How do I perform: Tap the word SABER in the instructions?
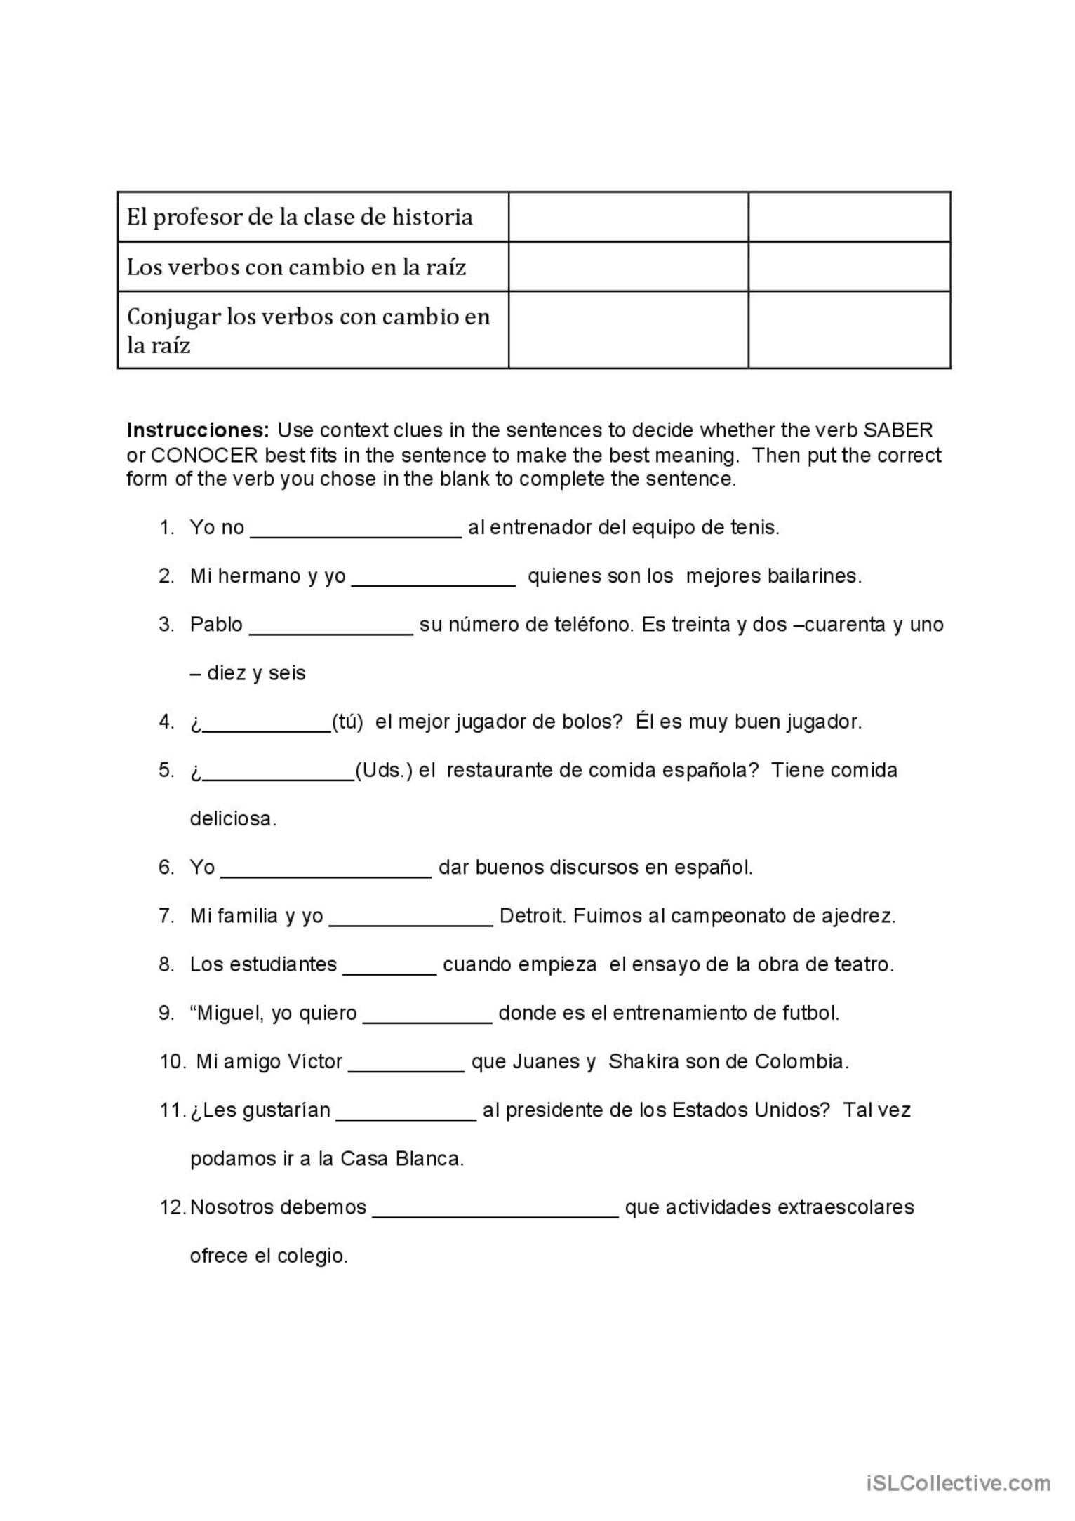pos(898,430)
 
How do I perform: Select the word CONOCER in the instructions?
pos(204,455)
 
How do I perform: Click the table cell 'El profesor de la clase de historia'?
pos(300,217)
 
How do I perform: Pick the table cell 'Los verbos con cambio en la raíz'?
pos(296,267)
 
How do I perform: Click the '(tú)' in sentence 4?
pos(347,722)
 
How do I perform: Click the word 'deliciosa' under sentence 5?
pos(233,818)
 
